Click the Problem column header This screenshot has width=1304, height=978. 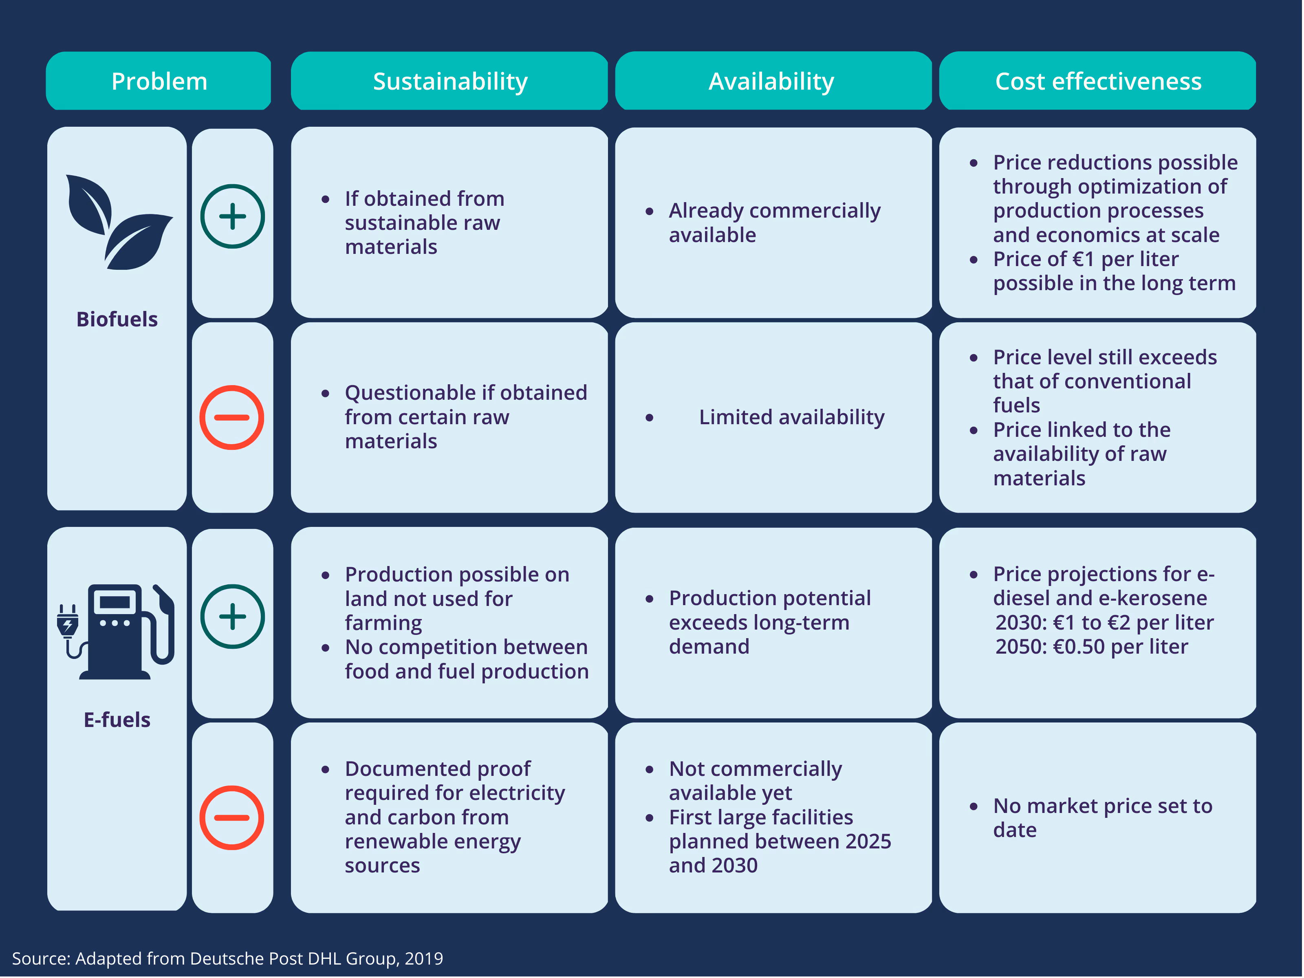pyautogui.click(x=159, y=81)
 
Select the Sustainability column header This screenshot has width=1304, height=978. pyautogui.click(x=450, y=81)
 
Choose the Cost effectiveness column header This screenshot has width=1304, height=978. pyautogui.click(x=1098, y=81)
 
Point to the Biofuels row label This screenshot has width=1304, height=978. pyautogui.click(x=117, y=319)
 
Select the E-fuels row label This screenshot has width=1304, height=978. pyautogui.click(x=117, y=720)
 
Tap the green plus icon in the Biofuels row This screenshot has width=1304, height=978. pyautogui.click(x=232, y=216)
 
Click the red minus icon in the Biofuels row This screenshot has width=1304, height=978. pyautogui.click(x=232, y=417)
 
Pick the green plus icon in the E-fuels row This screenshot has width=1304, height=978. pyautogui.click(x=232, y=617)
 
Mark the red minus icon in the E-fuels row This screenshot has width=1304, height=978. pyautogui.click(x=232, y=818)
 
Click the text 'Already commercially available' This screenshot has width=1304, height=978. pyautogui.click(x=774, y=223)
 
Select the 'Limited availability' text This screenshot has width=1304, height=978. pyautogui.click(x=791, y=417)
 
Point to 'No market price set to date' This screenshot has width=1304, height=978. pyautogui.click(x=1102, y=818)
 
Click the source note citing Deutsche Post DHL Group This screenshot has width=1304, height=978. pyautogui.click(x=227, y=958)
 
